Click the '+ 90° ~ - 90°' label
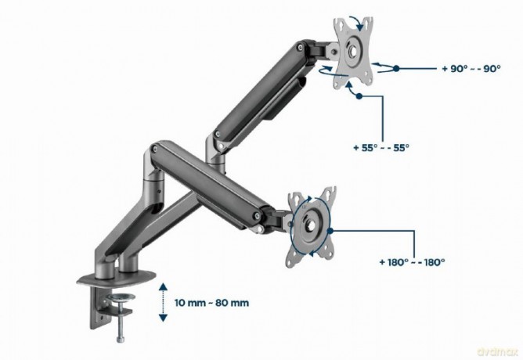[x=471, y=69]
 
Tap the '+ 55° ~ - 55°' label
[x=381, y=147]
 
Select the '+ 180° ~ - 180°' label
[x=413, y=262]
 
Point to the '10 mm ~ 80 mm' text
[x=212, y=303]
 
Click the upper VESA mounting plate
[x=353, y=52]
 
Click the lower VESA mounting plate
[x=311, y=227]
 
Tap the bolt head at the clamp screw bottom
[x=121, y=340]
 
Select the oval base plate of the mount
[x=116, y=279]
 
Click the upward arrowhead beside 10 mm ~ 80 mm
[x=163, y=286]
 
